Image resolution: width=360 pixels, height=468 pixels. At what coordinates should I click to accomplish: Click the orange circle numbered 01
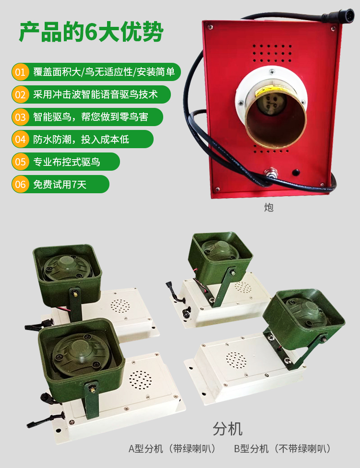point(20,72)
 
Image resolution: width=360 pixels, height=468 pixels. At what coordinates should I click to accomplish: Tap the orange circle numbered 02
point(20,94)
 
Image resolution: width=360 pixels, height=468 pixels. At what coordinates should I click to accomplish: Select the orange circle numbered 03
point(20,117)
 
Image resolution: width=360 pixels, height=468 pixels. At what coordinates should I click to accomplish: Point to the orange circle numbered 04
point(20,140)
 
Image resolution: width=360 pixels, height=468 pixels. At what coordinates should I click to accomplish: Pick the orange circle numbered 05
point(20,162)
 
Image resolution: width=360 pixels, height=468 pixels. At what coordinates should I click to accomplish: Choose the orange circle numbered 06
point(20,184)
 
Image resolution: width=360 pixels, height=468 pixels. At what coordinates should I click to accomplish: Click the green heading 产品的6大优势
point(91,32)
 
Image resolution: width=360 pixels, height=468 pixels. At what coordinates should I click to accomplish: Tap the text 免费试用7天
point(60,185)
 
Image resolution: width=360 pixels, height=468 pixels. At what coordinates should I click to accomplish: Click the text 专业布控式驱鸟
point(67,162)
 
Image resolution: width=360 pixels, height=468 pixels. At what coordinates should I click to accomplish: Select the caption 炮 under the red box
point(269,208)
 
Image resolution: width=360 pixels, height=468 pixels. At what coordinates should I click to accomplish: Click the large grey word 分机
point(228,429)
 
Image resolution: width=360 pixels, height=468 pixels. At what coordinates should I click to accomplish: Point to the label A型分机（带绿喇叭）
point(172,449)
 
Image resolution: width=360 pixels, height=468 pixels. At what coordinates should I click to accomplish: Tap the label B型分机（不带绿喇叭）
point(283,449)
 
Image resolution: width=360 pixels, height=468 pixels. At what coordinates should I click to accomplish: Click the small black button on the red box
point(296,172)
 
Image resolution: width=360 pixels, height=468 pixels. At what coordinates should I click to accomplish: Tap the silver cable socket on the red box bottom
point(271,173)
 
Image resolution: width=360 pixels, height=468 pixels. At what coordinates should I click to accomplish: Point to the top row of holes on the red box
point(272,46)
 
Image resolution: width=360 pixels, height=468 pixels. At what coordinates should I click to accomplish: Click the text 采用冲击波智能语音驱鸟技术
point(96,94)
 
